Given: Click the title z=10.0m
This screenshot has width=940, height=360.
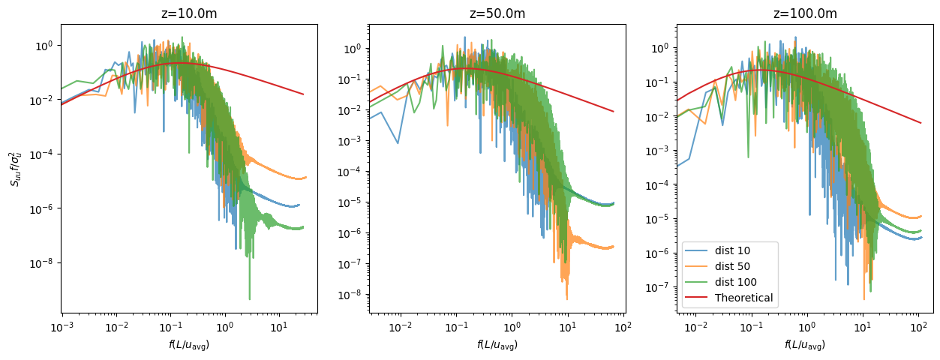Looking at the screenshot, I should pyautogui.click(x=189, y=13).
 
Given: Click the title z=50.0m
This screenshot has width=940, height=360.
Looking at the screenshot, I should pyautogui.click(x=497, y=13).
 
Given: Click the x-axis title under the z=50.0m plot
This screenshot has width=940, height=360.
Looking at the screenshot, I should pyautogui.click(x=497, y=345).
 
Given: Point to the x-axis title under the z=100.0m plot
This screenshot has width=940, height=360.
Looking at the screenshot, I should pyautogui.click(x=805, y=345).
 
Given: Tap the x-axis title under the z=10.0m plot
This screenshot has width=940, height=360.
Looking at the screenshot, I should pyautogui.click(x=189, y=345).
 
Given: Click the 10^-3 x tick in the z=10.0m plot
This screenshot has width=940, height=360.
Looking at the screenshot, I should pyautogui.click(x=62, y=328).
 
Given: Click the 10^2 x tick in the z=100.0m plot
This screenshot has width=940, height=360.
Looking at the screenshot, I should pyautogui.click(x=918, y=328).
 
